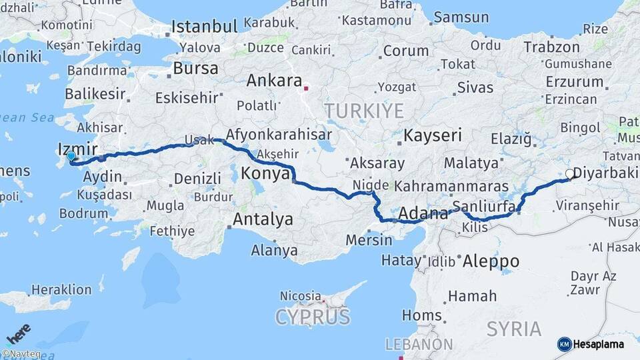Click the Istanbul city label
tap(205, 27)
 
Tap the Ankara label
tap(274, 81)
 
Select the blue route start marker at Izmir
tap(71, 156)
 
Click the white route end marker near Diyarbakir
tap(569, 173)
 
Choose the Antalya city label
tap(263, 219)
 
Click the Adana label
tap(423, 215)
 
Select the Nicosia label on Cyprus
tap(301, 295)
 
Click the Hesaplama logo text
tap(599, 344)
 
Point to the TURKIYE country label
tap(364, 111)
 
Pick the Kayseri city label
tap(433, 136)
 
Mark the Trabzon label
tap(551, 47)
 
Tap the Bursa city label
tap(195, 69)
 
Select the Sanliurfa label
tap(483, 205)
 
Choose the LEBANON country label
tap(420, 345)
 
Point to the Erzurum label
tap(573, 81)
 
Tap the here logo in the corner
tap(19, 333)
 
